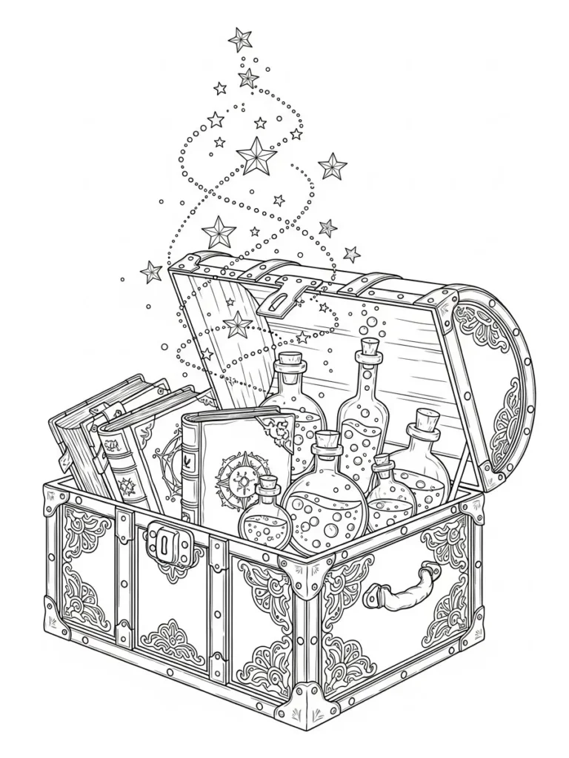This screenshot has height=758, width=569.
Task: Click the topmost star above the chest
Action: [240, 38]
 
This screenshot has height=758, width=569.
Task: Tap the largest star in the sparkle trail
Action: [256, 156]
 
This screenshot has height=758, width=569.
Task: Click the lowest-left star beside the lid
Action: [151, 272]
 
